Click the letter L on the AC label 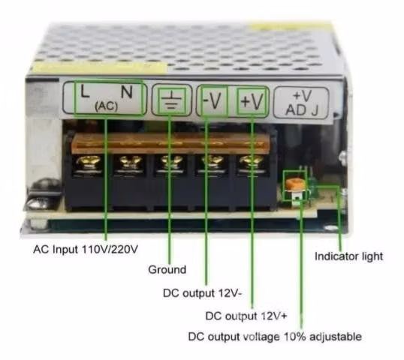(85, 91)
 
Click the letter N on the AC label (127, 91)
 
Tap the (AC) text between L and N (106, 106)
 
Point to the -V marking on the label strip (213, 100)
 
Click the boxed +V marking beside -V (252, 100)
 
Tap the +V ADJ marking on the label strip (302, 103)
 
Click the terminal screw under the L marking (89, 163)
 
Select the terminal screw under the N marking (130, 163)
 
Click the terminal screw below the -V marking (213, 162)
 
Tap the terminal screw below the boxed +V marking (252, 162)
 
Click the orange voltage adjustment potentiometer (295, 184)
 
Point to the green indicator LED (313, 184)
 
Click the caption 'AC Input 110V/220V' (86, 250)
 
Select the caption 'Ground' (167, 270)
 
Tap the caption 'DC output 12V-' (202, 293)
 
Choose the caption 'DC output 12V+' (246, 316)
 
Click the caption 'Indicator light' (349, 256)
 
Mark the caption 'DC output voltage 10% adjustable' (275, 337)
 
